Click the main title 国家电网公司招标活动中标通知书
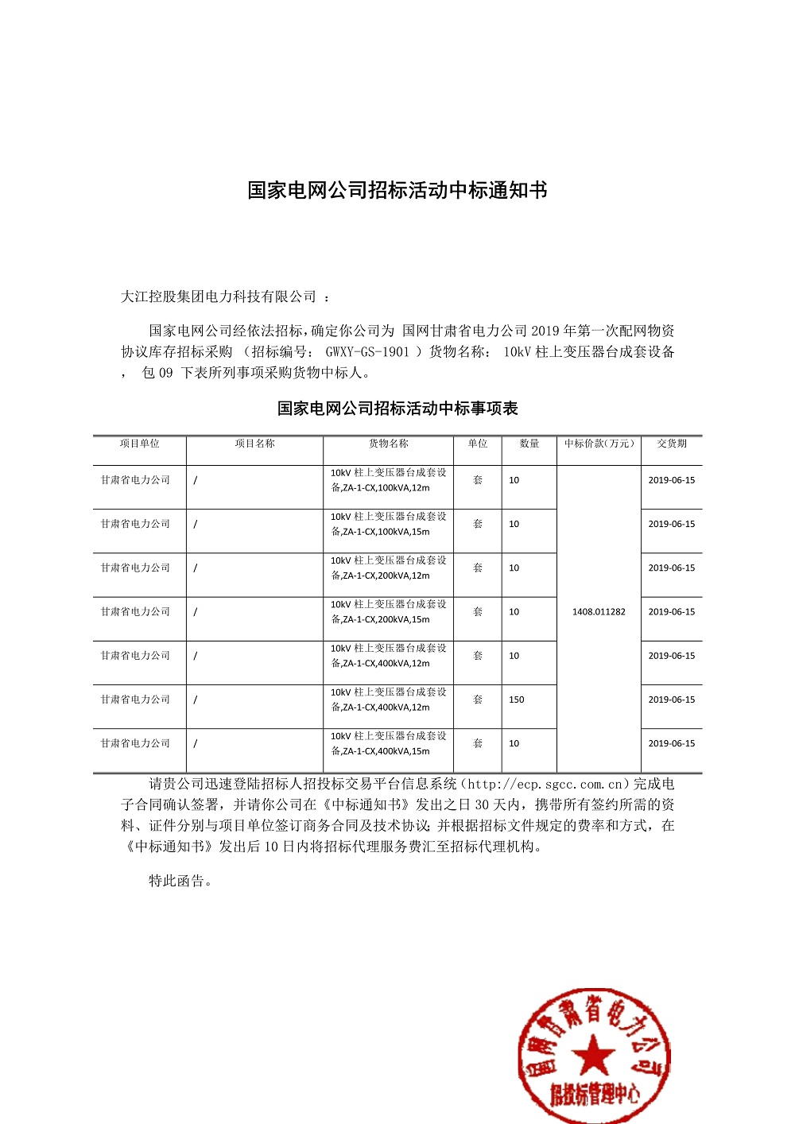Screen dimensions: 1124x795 point(397,191)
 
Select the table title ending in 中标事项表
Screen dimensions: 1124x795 point(397,409)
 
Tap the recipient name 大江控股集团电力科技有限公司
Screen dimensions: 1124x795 point(219,297)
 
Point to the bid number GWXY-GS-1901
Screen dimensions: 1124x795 point(367,351)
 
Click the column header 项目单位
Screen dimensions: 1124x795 point(139,444)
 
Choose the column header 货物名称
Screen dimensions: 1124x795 point(388,444)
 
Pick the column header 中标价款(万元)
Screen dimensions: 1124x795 point(599,444)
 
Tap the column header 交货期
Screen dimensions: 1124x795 point(672,444)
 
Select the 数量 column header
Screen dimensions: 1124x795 point(529,444)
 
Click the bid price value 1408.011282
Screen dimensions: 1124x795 point(599,612)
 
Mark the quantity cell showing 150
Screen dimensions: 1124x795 point(517,700)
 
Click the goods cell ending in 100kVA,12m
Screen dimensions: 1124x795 point(388,480)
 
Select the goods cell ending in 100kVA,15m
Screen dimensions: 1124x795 point(388,524)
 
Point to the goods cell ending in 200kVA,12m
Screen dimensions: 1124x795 point(388,568)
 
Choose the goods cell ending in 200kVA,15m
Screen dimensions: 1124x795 point(388,612)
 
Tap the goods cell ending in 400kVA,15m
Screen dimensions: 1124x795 point(388,743)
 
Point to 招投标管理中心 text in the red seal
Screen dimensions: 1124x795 point(595,1095)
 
